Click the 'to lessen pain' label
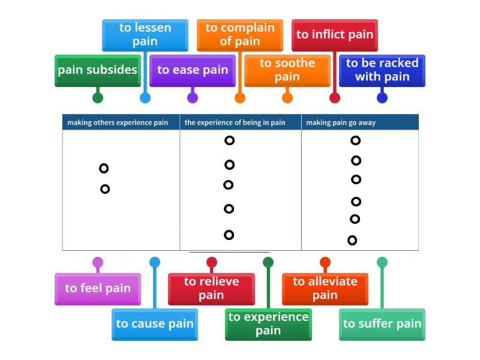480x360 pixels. click(145, 35)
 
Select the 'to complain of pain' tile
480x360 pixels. click(239, 35)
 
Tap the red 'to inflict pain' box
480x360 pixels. click(335, 35)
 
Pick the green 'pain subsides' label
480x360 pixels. click(98, 70)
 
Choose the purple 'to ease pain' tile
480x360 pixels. click(193, 70)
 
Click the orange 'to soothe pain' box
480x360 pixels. click(287, 70)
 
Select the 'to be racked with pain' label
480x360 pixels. click(382, 70)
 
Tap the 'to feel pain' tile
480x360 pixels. click(98, 289)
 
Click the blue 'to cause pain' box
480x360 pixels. click(155, 324)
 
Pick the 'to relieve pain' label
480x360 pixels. click(211, 289)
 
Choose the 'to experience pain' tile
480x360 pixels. click(268, 324)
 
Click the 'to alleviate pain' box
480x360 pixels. click(325, 289)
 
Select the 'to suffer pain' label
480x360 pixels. click(382, 324)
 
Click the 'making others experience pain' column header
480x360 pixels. click(118, 122)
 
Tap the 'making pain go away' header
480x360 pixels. click(341, 122)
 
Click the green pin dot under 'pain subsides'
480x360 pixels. click(98, 98)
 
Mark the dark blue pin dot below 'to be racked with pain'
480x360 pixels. click(382, 98)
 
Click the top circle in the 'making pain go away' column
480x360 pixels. click(355, 140)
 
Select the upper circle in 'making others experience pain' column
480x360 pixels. click(104, 169)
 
